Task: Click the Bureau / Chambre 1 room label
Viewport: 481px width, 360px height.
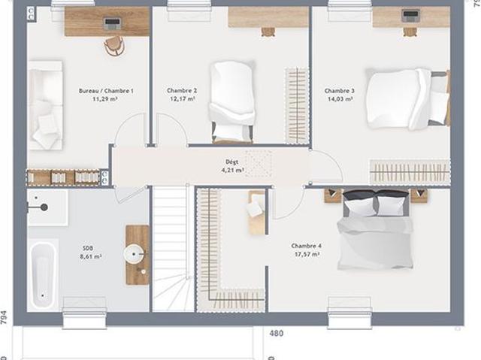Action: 106,91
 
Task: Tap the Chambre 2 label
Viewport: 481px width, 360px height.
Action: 182,90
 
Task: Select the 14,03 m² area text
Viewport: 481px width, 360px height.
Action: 340,99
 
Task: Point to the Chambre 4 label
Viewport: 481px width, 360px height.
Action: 306,246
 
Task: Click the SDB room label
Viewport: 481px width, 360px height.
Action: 88,248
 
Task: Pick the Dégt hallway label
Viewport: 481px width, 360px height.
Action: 231,162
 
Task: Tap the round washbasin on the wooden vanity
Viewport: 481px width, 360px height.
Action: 134,254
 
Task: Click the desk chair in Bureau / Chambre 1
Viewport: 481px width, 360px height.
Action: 113,46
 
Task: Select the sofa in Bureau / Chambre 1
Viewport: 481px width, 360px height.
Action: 45,105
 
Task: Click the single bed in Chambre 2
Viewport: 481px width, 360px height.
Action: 232,102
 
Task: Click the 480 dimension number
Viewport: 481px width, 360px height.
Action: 277,333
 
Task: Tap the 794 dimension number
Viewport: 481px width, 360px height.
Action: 3,318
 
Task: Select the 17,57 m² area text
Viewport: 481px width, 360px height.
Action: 307,254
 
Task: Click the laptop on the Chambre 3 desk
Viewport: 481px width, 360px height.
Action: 410,15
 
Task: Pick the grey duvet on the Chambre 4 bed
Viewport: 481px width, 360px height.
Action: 375,243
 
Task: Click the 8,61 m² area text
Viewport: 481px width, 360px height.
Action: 91,257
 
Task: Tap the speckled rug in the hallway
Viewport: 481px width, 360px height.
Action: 259,163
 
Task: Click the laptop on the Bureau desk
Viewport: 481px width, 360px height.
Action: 112,23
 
